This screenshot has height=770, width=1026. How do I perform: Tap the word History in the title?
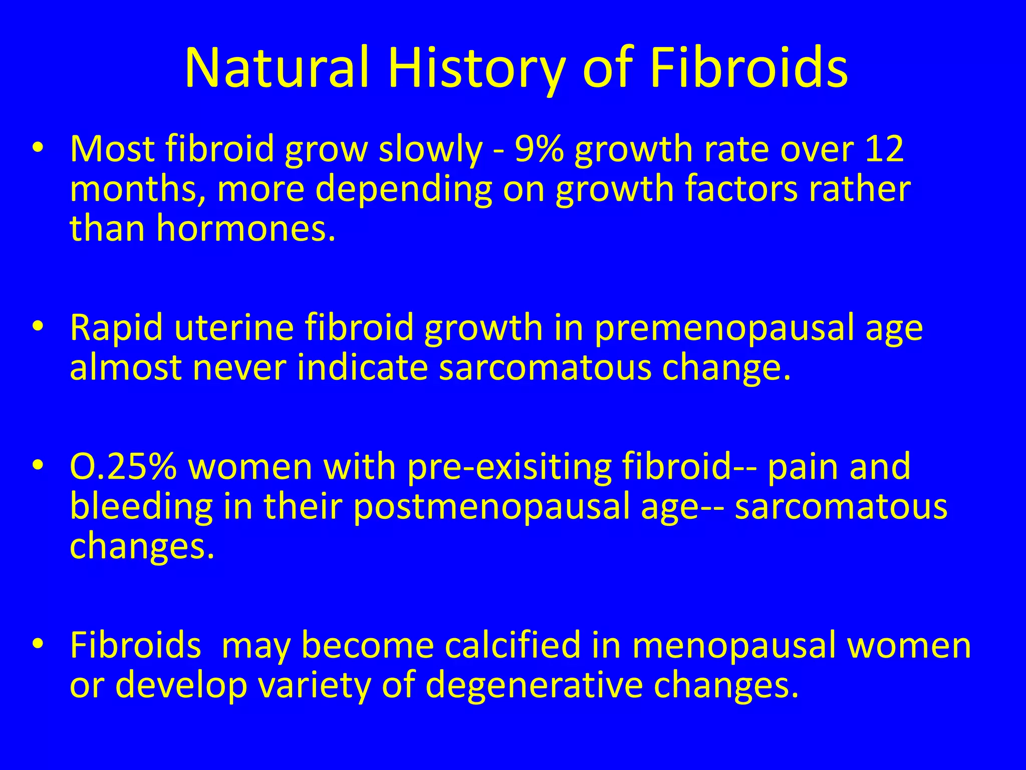tap(476, 68)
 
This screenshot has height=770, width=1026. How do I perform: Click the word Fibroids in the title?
tap(748, 68)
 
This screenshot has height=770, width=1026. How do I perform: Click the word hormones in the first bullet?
tap(245, 228)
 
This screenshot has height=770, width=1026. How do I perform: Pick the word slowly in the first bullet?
tap(430, 149)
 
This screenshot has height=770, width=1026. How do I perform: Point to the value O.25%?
tap(123, 466)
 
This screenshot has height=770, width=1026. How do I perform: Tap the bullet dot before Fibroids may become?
tap(37, 645)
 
